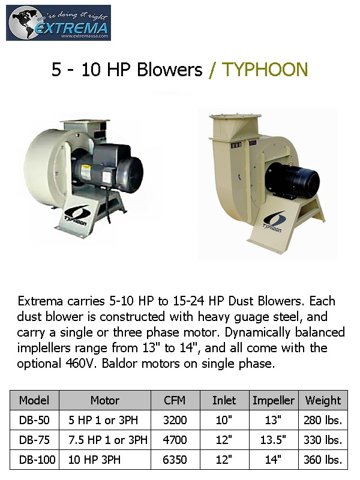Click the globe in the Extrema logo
coord(23,23)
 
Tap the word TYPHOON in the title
coord(265,70)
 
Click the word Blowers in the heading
coord(170,70)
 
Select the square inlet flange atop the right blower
coord(235,116)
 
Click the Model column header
coord(34,400)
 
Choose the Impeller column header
coord(274,400)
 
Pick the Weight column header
coord(323,400)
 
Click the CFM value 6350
coord(175,460)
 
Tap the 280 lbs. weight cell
coord(323,420)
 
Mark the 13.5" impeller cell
coord(273,440)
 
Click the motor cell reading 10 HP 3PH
coord(94,460)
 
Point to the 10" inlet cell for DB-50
coord(224,420)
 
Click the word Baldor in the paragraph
coord(119,364)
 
